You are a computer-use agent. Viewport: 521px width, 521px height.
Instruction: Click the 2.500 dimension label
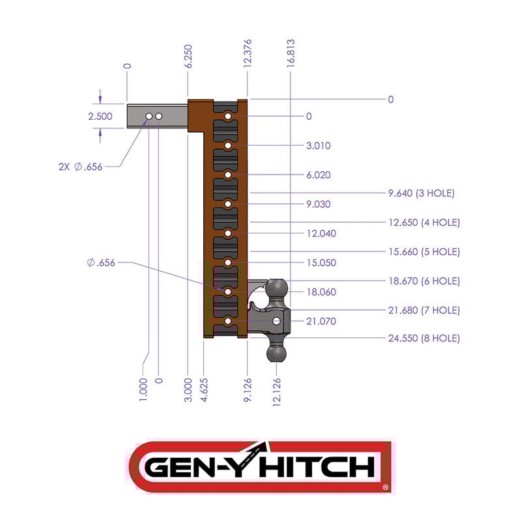coord(100,117)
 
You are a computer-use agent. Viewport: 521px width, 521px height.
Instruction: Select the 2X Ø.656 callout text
coord(79,166)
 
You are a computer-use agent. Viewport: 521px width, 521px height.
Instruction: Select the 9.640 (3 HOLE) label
coord(421,193)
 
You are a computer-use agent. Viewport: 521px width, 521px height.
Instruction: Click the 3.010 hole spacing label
coord(318,146)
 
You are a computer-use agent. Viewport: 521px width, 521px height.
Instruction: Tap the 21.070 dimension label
coord(321,321)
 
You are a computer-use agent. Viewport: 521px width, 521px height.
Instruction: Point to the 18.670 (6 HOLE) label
coord(423,281)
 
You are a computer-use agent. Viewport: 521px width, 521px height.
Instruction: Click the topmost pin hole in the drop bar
coord(229,117)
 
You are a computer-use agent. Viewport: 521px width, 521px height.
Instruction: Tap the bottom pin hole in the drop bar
coord(228,321)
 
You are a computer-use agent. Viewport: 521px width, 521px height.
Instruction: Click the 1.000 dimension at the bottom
coord(143,389)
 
